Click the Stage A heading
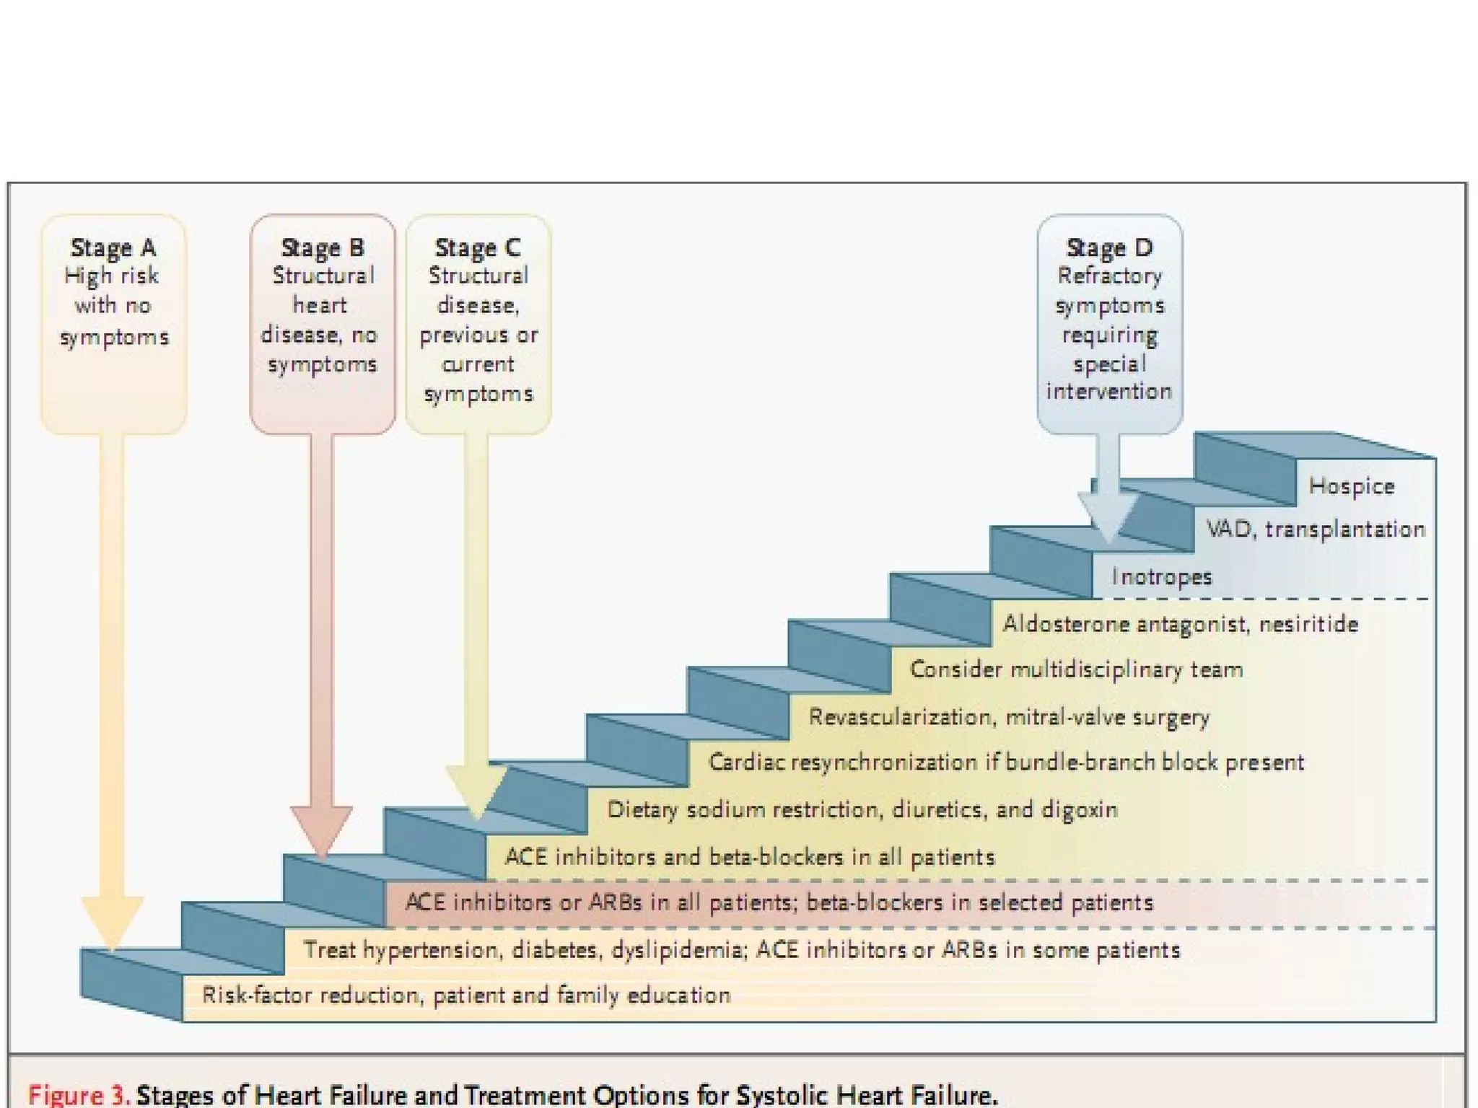point(113,247)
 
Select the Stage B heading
point(323,247)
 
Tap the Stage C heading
point(478,247)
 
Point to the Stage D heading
point(1109,247)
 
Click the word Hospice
point(1352,486)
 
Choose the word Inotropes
point(1161,576)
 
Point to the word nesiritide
point(1308,623)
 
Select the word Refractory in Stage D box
point(1109,276)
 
